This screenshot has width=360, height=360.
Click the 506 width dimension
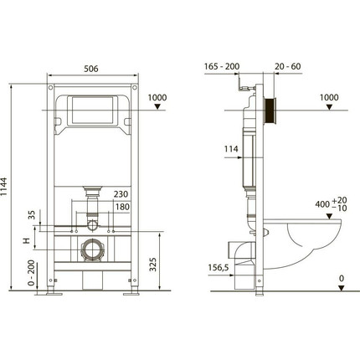(91, 71)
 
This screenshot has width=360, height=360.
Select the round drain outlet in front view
(91, 249)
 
